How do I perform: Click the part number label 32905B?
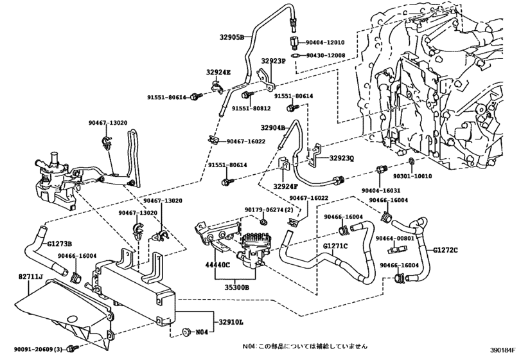coord(232,37)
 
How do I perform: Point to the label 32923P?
coord(273,61)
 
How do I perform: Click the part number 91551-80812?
coord(251,109)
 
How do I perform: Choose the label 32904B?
coord(273,128)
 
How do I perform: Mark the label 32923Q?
coord(342,158)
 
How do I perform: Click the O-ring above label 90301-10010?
coord(411,161)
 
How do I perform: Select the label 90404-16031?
coord(381,190)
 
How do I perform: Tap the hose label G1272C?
coord(445,250)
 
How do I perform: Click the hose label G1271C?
coord(335,246)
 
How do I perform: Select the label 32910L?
coord(231,322)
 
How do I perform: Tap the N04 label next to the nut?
coord(202,332)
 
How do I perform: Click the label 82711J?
coord(31,276)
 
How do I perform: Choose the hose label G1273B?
coord(59,244)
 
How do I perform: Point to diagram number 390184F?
coord(504,350)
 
